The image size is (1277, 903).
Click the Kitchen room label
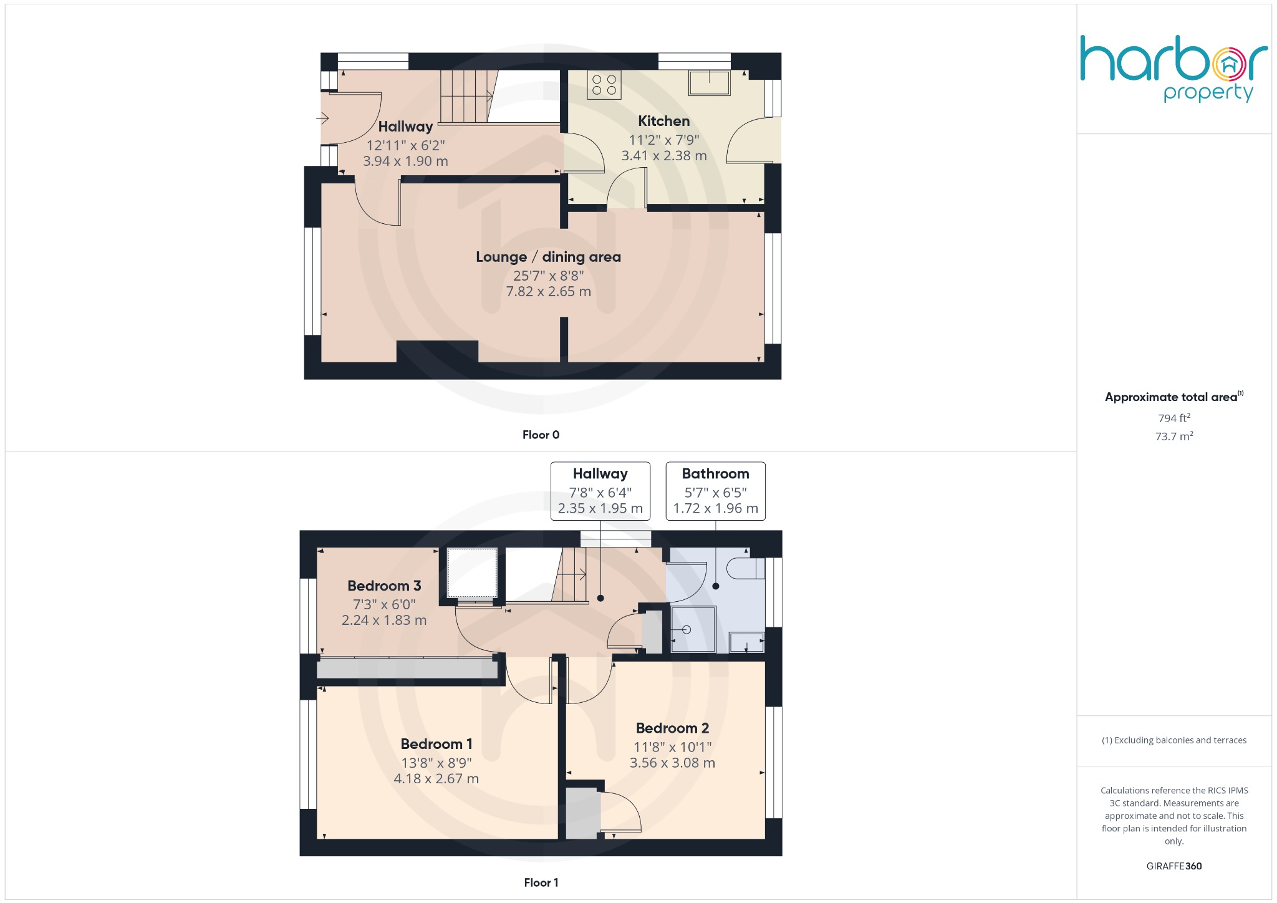pos(663,121)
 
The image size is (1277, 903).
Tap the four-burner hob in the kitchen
pos(604,85)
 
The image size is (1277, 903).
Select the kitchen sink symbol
pos(709,82)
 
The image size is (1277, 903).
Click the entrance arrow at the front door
pos(322,117)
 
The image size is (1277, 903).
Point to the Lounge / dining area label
pos(548,257)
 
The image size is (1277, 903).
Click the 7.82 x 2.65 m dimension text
pos(548,291)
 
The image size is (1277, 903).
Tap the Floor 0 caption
pos(541,435)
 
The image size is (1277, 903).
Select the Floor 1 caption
pos(541,882)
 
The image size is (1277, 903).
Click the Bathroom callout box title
pos(715,474)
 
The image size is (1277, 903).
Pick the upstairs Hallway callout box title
pos(600,474)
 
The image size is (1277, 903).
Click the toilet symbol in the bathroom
pos(745,568)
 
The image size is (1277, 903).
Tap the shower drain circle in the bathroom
pos(687,630)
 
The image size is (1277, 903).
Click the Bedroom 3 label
pos(384,586)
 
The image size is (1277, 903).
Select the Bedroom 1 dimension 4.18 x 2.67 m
pos(436,778)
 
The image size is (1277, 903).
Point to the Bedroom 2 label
pos(672,728)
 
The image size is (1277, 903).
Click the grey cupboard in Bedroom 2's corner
pos(582,813)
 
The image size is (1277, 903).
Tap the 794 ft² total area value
pos(1173,418)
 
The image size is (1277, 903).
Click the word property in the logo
pos(1208,93)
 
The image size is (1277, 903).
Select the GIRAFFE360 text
pos(1173,866)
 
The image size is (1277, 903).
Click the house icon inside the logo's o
pos(1229,64)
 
